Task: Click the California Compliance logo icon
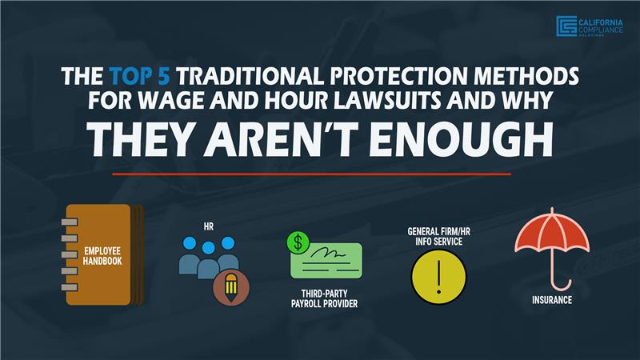point(566,26)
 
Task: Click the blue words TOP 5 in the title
point(139,76)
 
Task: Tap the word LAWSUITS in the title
point(388,100)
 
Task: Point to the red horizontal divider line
point(311,174)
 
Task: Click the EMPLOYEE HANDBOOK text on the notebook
point(102,256)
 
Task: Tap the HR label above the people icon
point(209,226)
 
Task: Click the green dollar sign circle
point(298,242)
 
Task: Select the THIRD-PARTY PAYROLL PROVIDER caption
point(325,298)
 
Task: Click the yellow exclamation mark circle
point(438,277)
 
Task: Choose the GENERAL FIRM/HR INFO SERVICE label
point(438,237)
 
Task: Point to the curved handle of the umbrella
point(562,285)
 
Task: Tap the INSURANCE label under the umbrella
point(552,300)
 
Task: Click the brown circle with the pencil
point(231,289)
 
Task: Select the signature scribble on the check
point(328,253)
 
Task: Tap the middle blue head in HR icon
point(209,248)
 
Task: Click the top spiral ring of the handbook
point(70,222)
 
